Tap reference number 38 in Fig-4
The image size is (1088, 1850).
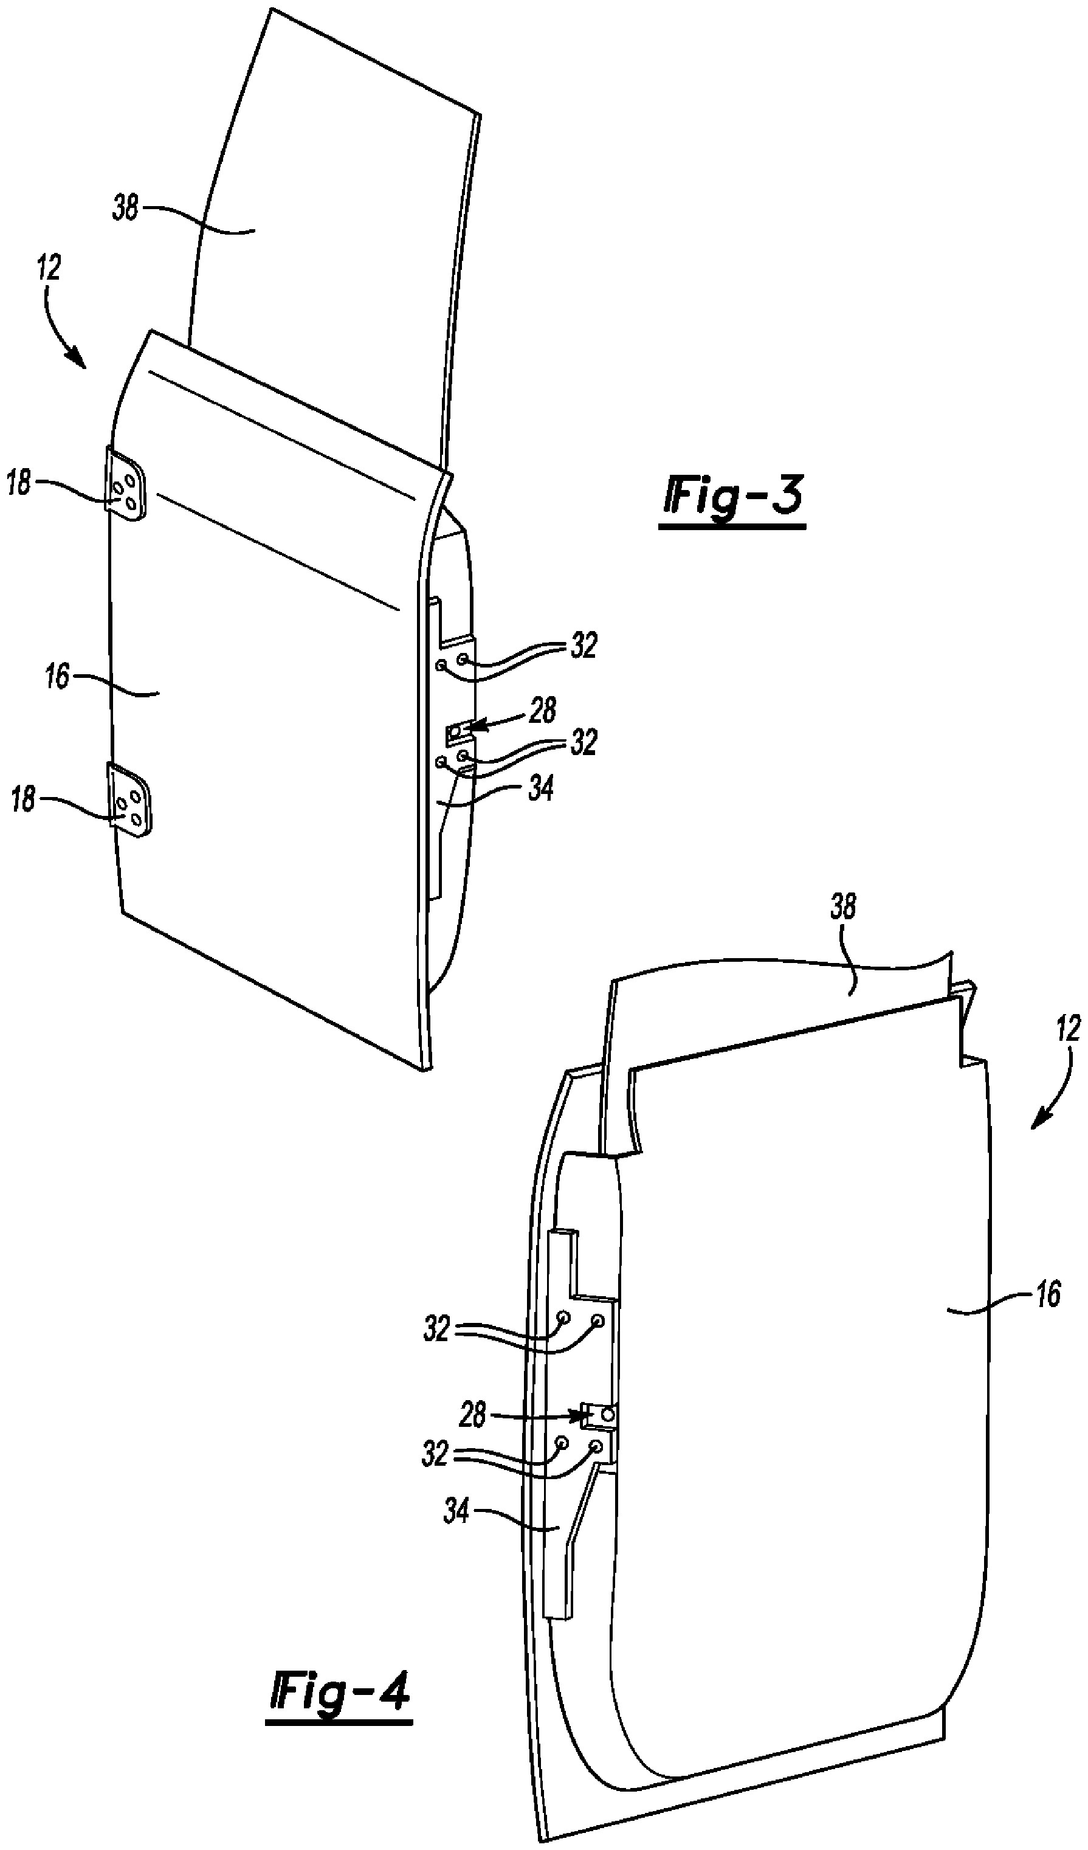pos(843,908)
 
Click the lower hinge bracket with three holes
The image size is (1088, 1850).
pos(131,799)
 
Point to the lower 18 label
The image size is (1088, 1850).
pos(22,799)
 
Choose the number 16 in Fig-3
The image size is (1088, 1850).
pos(57,676)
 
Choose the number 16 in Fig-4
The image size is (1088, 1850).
pos(1048,1294)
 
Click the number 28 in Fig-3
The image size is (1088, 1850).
pos(542,711)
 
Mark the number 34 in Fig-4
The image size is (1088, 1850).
pos(456,1511)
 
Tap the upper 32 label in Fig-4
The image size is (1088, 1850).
pos(436,1330)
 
